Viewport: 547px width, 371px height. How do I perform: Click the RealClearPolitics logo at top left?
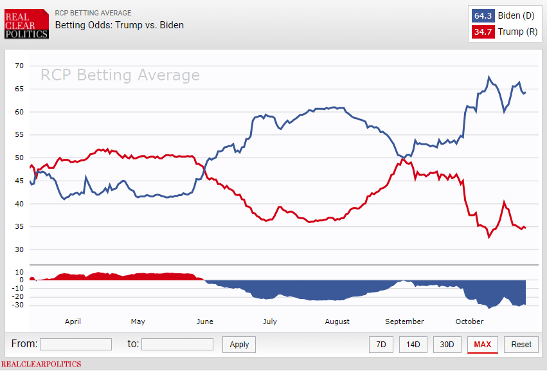pos(26,24)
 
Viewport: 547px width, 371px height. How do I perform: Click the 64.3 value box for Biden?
pos(483,15)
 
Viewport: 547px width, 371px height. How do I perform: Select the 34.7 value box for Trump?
pos(483,32)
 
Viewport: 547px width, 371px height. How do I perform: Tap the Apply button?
pos(239,345)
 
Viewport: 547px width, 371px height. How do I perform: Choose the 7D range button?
pos(381,345)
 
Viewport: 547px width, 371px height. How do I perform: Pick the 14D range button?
pos(413,345)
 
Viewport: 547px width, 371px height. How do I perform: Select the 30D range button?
pos(447,345)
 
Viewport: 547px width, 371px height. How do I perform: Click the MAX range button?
pos(483,345)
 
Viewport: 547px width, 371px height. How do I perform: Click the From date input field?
pos(76,345)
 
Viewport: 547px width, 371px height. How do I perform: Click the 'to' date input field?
pos(177,345)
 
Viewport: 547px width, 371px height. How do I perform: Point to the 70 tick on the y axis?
pos(19,66)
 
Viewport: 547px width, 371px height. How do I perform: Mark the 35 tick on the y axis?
pos(19,227)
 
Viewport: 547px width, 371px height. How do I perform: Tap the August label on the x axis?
pos(337,321)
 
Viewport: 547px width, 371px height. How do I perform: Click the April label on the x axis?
pos(73,321)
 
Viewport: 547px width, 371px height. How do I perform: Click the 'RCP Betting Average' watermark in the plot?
pos(120,75)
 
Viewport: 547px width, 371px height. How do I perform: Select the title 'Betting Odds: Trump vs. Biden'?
pos(120,25)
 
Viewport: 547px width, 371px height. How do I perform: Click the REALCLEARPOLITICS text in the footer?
pos(41,364)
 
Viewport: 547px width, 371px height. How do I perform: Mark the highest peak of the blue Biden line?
pos(489,77)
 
